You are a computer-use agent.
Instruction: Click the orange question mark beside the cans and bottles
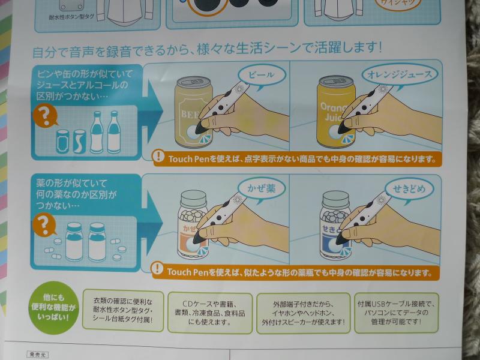[x=44, y=114]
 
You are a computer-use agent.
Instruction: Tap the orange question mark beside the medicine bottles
[x=43, y=226]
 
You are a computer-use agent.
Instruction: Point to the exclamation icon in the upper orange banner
[x=158, y=158]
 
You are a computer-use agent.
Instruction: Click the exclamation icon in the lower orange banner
[x=158, y=269]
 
